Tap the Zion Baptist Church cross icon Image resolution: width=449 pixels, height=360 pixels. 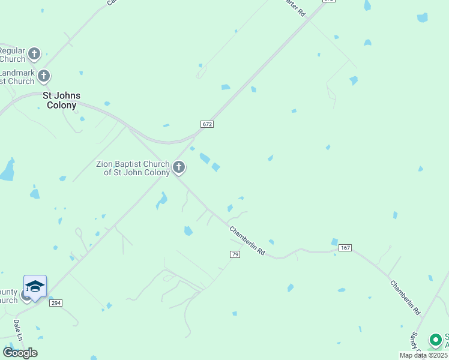tap(179, 167)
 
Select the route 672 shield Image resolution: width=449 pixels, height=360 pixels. tap(207, 124)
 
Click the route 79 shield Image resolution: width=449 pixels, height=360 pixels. tap(235, 255)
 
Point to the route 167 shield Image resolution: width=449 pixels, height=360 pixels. tap(345, 247)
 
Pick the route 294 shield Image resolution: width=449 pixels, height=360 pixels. tap(56, 304)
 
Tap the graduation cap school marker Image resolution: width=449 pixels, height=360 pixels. tap(35, 287)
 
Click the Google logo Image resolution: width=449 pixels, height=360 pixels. tap(20, 352)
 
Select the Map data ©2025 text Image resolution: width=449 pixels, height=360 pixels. tap(423, 355)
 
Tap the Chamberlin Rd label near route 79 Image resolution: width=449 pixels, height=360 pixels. tap(247, 241)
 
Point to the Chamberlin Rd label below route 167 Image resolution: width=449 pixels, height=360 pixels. tap(405, 298)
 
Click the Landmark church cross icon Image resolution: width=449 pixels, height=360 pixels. tap(44, 76)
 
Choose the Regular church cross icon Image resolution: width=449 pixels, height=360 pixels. tap(34, 54)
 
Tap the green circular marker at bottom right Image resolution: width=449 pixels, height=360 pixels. tap(435, 340)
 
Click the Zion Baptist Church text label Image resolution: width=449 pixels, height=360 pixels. tap(133, 168)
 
